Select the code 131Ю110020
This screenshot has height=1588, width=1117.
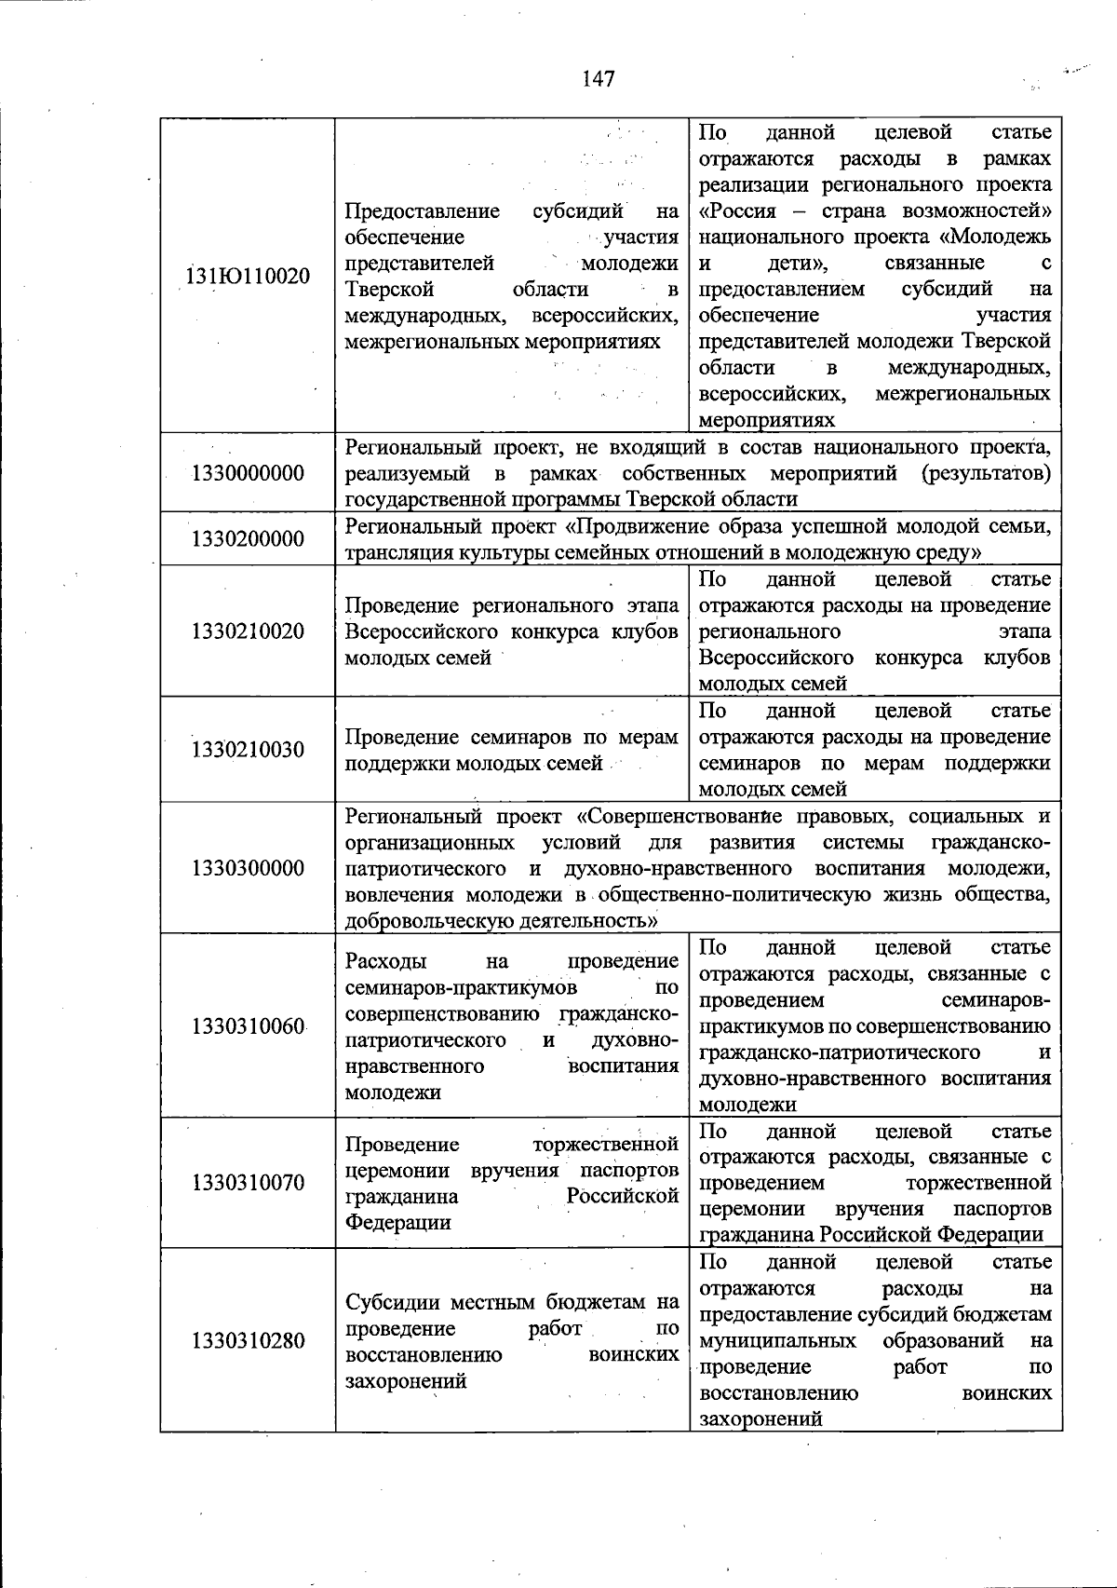tap(249, 277)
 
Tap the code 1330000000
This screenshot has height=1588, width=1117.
tap(249, 473)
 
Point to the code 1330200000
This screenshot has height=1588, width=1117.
tap(249, 539)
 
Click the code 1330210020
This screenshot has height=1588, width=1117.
tap(249, 631)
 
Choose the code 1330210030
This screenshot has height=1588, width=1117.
tap(249, 750)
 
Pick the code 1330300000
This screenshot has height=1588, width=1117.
tap(249, 868)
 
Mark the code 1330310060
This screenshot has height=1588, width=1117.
tap(249, 1026)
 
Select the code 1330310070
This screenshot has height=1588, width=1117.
tap(249, 1183)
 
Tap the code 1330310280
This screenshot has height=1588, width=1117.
tap(249, 1341)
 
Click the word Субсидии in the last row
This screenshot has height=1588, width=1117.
tap(391, 1302)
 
